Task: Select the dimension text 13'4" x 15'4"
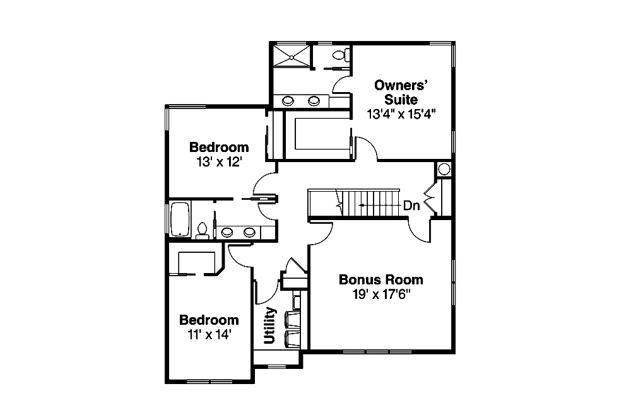coord(401,114)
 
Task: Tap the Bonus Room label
coord(380,279)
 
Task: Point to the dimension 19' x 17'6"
coord(380,295)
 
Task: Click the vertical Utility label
coord(270,325)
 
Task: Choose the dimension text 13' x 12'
coord(219,161)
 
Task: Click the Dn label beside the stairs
coord(411,206)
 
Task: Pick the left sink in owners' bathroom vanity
coord(288,100)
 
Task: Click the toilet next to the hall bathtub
coord(203,230)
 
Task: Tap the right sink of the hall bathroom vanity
coord(251,231)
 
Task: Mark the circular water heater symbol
coord(444,169)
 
